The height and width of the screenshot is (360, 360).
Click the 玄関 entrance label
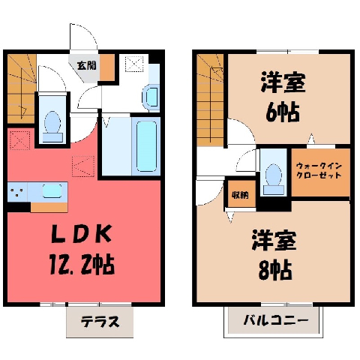[x=86, y=66]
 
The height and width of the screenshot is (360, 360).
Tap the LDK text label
[x=81, y=234]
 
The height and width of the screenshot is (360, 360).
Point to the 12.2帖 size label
[x=82, y=264]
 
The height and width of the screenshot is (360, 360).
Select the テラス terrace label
[x=100, y=322]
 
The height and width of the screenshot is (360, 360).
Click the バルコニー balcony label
[x=276, y=320]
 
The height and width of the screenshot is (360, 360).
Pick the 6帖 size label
[x=283, y=112]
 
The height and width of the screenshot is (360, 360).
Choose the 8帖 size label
[x=275, y=270]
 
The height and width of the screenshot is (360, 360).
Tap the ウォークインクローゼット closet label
[x=319, y=170]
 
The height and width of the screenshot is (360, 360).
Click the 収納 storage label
[x=240, y=195]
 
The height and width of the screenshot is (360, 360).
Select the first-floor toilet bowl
[x=52, y=126]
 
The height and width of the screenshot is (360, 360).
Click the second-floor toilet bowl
[x=274, y=178]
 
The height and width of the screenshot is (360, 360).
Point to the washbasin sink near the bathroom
[x=151, y=97]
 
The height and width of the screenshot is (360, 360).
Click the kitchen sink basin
[x=52, y=191]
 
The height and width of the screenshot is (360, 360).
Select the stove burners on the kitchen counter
[x=16, y=192]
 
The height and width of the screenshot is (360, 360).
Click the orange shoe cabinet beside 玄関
[x=107, y=67]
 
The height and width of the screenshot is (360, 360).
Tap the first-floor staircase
[x=22, y=88]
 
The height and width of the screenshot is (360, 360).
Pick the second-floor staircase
[x=210, y=100]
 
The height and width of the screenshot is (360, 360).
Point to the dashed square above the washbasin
[x=135, y=64]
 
